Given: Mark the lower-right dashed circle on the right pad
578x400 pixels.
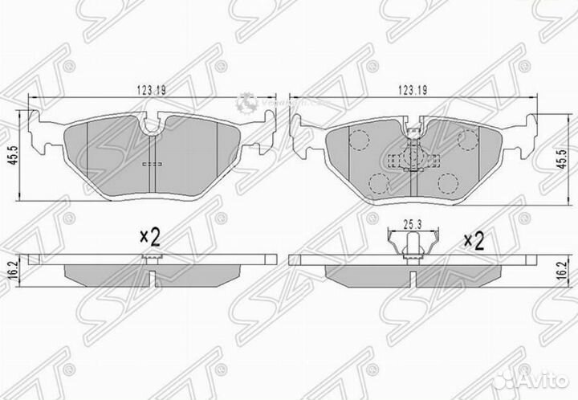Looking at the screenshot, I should pos(447,183).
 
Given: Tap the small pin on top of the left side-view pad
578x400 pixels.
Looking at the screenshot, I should pos(150,258).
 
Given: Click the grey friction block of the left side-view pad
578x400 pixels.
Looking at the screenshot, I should pos(150,274).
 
